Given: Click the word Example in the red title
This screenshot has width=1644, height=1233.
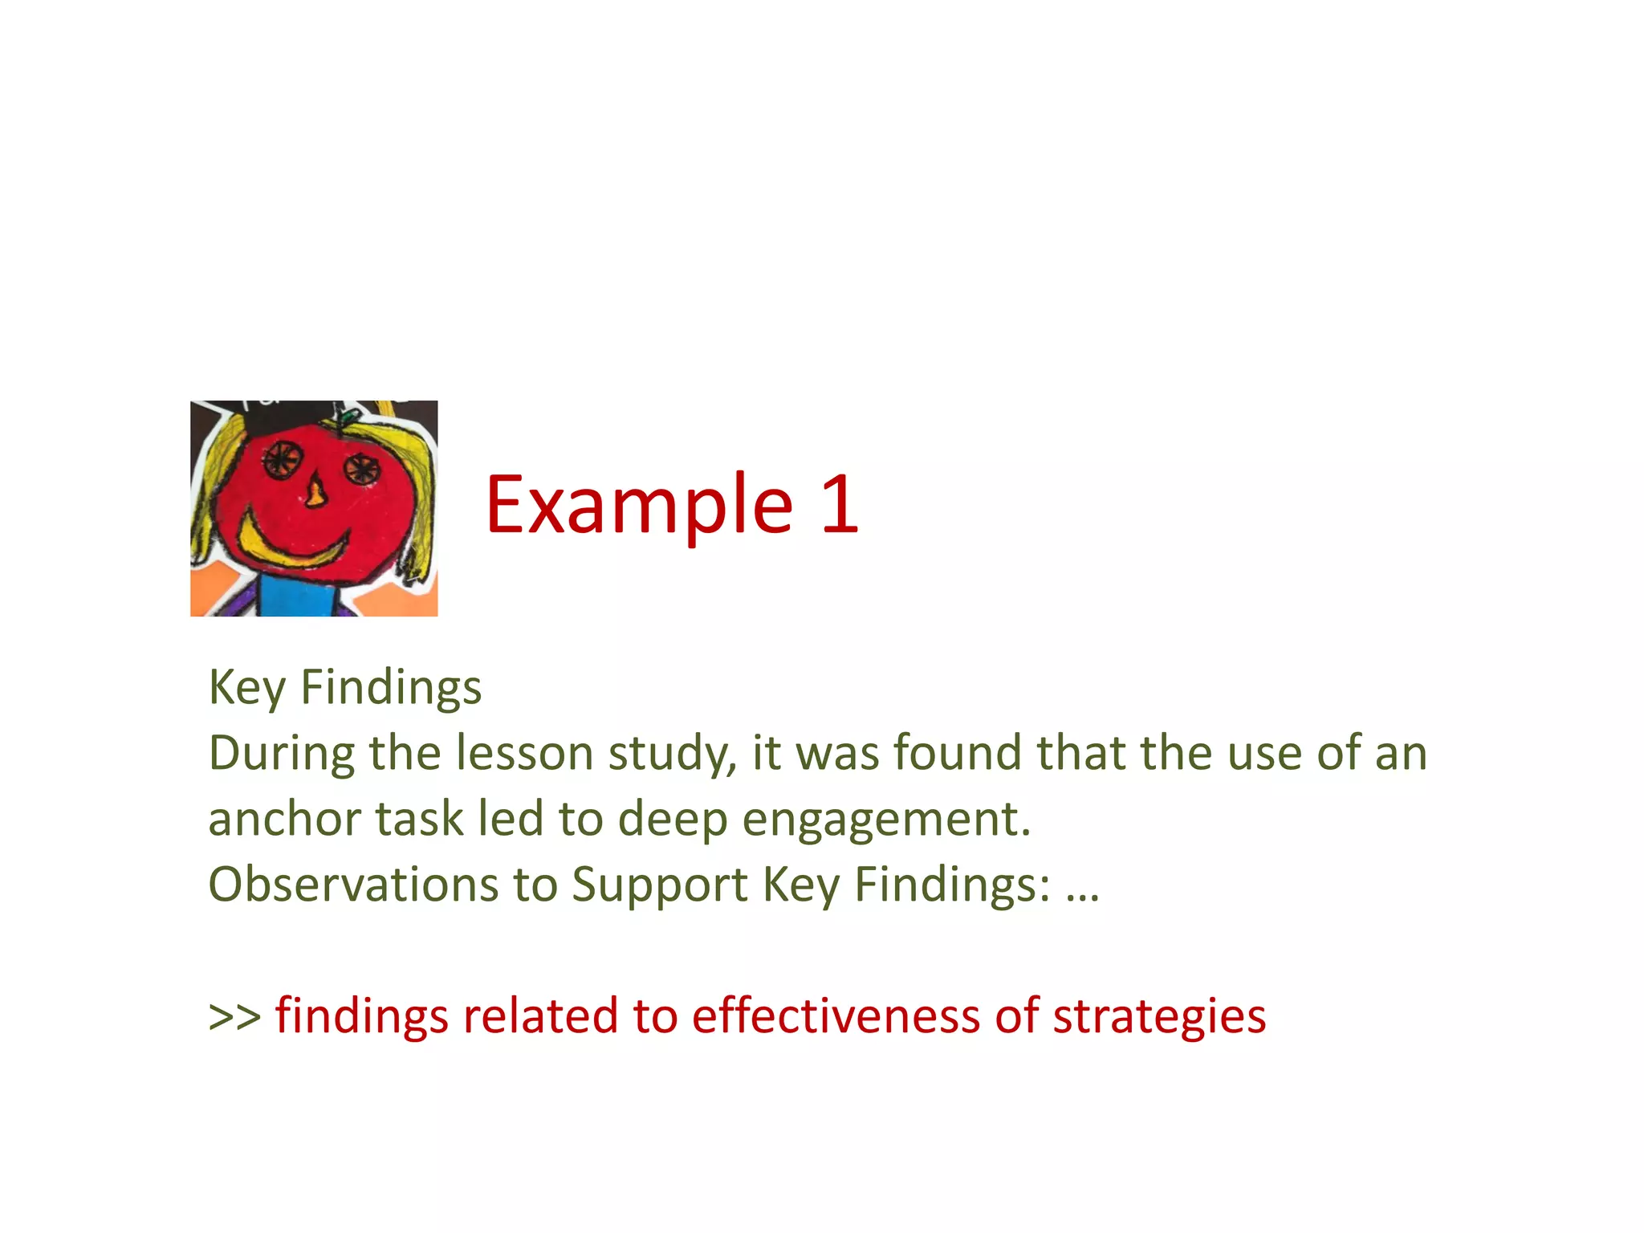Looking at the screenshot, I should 639,506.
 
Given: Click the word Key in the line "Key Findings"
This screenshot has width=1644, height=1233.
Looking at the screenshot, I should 246,688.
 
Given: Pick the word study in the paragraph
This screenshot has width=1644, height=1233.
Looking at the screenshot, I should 671,755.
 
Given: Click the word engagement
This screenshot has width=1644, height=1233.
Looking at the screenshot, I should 885,820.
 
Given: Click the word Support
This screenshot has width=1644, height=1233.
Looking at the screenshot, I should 659,886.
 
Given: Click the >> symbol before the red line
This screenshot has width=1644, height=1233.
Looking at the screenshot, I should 234,1016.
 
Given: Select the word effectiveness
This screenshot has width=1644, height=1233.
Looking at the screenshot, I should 836,1015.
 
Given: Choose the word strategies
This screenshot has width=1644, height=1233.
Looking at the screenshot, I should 1159,1017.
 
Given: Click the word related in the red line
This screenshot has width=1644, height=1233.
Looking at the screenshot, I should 540,1015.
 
